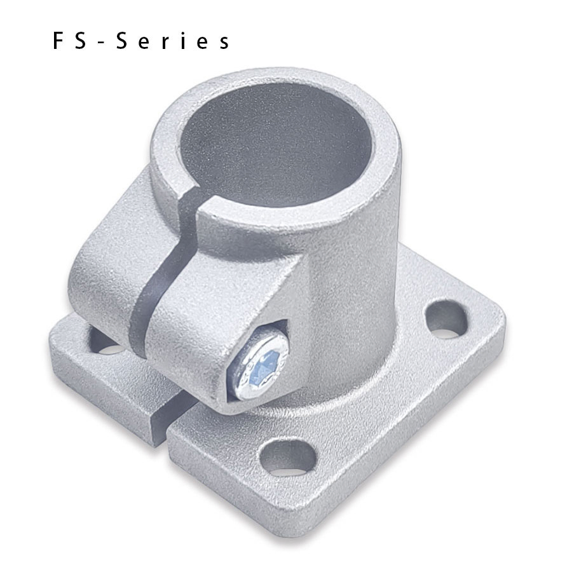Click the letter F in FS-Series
pyautogui.click(x=59, y=41)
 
